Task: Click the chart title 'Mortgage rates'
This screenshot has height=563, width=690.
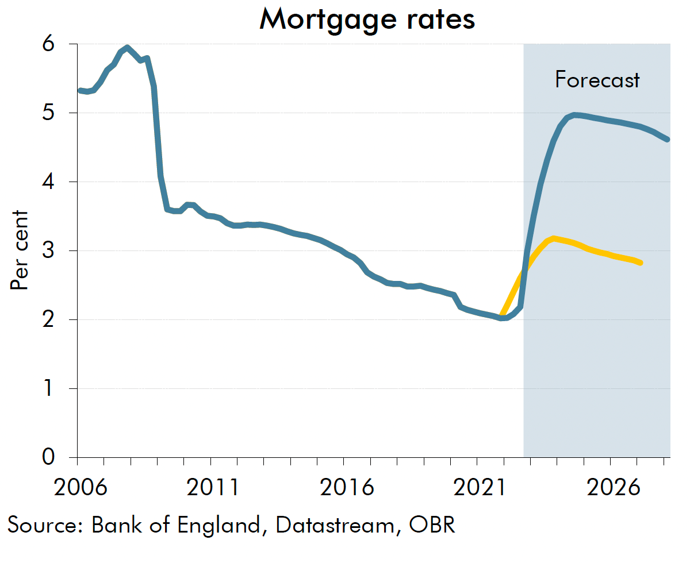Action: (x=367, y=19)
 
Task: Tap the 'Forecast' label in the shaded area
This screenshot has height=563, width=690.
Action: (x=597, y=79)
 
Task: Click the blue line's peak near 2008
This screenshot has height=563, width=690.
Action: (x=127, y=48)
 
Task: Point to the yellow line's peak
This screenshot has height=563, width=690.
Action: (x=553, y=238)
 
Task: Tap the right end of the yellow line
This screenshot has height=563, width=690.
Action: (x=640, y=263)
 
